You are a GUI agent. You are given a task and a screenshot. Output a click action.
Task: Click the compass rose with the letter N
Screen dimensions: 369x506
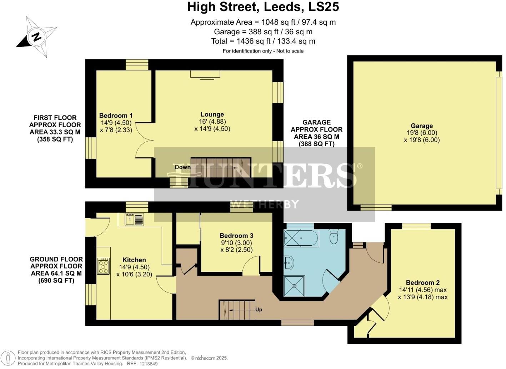[36, 36]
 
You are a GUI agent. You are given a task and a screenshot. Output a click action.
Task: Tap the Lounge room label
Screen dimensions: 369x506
[212, 114]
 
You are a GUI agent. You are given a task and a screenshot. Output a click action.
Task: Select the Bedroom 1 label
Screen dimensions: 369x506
[116, 115]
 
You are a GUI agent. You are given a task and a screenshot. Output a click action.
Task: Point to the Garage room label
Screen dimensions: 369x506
[421, 126]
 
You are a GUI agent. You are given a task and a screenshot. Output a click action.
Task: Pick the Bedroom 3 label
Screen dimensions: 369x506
[236, 236]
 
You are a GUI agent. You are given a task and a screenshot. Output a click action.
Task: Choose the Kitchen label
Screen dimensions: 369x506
[134, 260]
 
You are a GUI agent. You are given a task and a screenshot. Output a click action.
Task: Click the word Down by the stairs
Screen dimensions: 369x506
[182, 167]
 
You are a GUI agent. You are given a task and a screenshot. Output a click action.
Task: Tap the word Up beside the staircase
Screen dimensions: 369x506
[259, 310]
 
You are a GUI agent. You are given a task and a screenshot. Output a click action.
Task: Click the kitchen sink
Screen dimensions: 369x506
[134, 219]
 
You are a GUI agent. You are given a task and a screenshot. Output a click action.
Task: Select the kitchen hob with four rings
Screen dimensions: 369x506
[103, 266]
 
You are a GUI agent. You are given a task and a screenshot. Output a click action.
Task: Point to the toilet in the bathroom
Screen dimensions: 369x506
[334, 236]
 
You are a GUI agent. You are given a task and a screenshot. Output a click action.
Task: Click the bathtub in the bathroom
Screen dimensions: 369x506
[301, 238]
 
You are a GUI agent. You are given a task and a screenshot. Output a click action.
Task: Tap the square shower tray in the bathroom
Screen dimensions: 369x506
[294, 286]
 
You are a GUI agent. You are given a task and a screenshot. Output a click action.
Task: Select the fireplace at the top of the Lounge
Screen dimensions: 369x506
[205, 74]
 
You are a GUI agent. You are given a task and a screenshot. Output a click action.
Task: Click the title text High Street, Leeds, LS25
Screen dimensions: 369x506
[263, 7]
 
